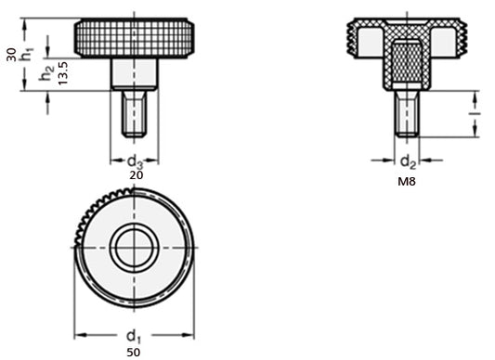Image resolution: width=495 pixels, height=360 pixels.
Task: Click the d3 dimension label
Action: coord(136,160)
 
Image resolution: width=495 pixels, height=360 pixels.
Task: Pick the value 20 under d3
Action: coord(136,174)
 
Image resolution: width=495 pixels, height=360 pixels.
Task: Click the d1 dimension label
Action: coord(136,336)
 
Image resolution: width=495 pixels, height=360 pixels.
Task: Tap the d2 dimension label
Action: coord(407,161)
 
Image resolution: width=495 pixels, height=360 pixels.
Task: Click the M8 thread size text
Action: coord(407,182)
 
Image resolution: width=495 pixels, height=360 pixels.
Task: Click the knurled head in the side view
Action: coord(136,38)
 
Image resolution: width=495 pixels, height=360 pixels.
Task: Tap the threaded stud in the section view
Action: coord(406,113)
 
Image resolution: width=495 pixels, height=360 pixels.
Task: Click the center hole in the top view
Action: coord(136,247)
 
